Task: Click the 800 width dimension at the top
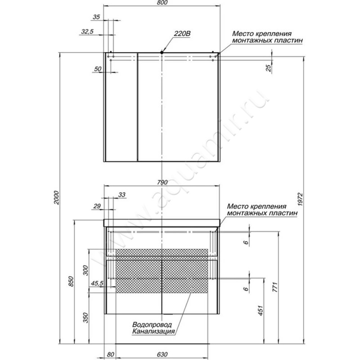point(162,3)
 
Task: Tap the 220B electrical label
point(182,33)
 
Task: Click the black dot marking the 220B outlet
point(162,52)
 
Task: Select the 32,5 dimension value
point(87,31)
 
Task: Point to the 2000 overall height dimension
point(57,198)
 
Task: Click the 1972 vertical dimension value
point(301,199)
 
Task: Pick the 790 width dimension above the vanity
point(162,182)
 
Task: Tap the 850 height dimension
point(71,281)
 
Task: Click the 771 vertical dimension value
point(275,287)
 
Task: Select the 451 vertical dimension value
point(261,310)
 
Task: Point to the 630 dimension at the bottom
point(162,355)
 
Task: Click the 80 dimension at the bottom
point(110,355)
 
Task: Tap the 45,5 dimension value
point(97,283)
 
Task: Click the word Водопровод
point(152,324)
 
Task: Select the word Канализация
point(153,332)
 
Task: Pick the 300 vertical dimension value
point(85,270)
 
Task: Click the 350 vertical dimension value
point(85,318)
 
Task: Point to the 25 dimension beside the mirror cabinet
point(268,68)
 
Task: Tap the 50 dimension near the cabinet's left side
point(98,69)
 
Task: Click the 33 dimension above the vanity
point(121,195)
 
